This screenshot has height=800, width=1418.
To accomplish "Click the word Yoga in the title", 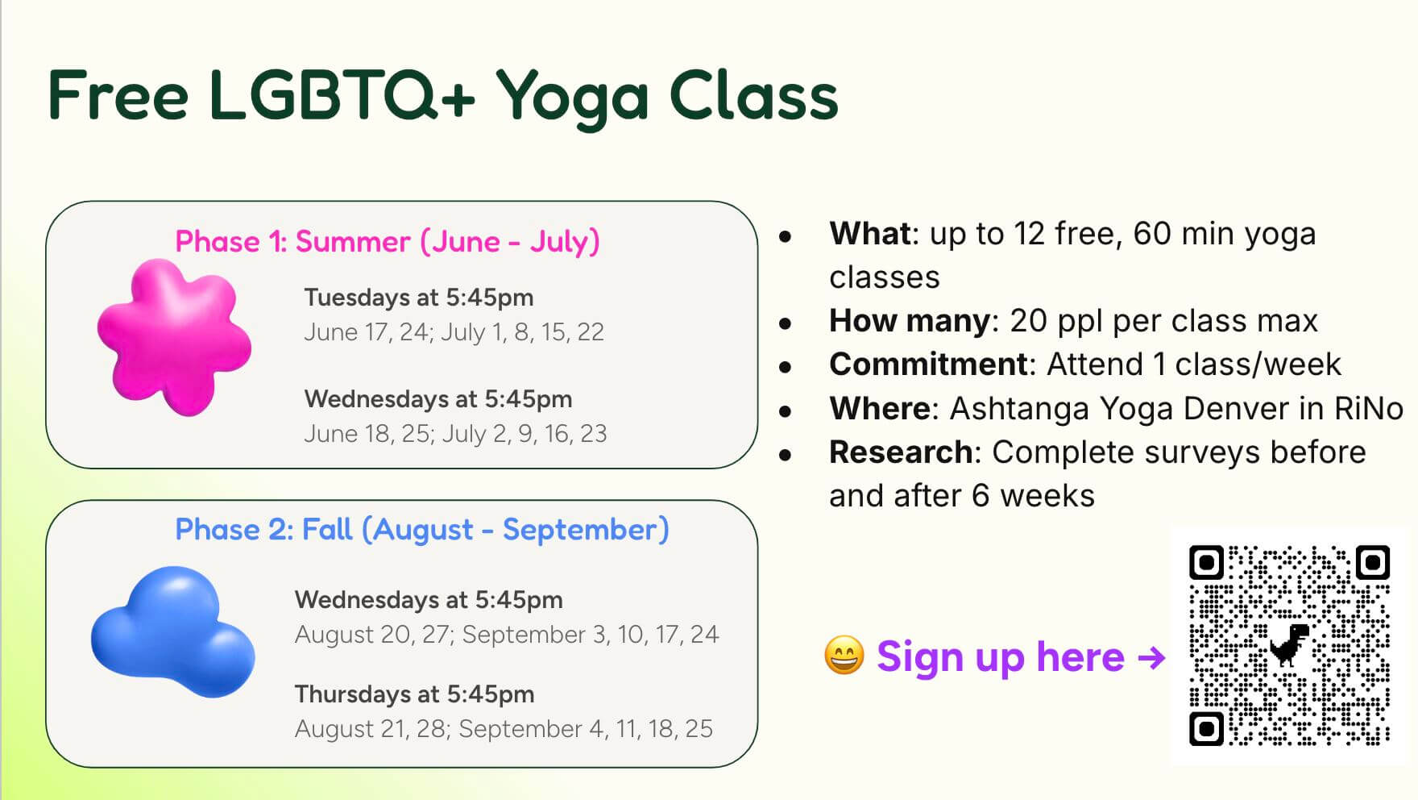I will click(571, 97).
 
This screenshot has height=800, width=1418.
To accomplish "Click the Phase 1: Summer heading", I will click(388, 241).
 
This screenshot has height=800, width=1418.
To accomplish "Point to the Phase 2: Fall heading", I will click(422, 530).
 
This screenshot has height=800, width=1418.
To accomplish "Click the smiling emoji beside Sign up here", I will click(844, 656).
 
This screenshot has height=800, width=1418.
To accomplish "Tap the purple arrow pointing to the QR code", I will click(1151, 657).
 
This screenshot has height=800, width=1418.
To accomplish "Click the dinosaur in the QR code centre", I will click(1289, 644).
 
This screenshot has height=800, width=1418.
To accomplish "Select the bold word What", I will click(869, 234).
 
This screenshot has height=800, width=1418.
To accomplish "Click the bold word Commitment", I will click(929, 365).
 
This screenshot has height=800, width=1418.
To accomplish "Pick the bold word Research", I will click(900, 452).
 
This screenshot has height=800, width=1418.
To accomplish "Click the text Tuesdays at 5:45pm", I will click(419, 298).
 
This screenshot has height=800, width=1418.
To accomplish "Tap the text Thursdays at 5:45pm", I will click(414, 694).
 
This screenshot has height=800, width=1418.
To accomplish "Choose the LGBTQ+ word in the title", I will click(342, 97).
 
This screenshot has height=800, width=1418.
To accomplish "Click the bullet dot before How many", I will click(786, 323).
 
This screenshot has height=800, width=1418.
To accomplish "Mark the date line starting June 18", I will click(455, 434).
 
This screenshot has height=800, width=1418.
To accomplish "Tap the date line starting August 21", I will click(504, 729).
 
